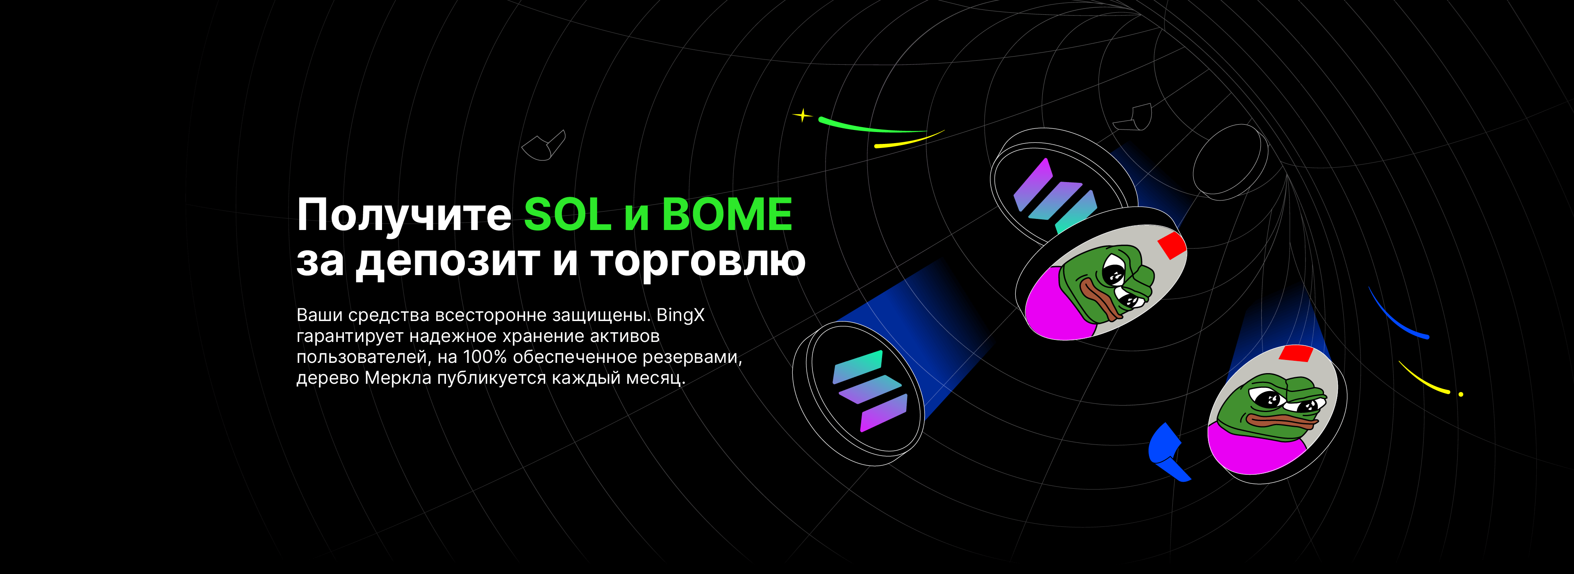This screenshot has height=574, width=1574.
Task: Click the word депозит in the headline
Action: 447,262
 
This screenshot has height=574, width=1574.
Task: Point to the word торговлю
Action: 698,262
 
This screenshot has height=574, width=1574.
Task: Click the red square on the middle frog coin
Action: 1172,244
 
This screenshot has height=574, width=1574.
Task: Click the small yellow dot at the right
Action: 1461,394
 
